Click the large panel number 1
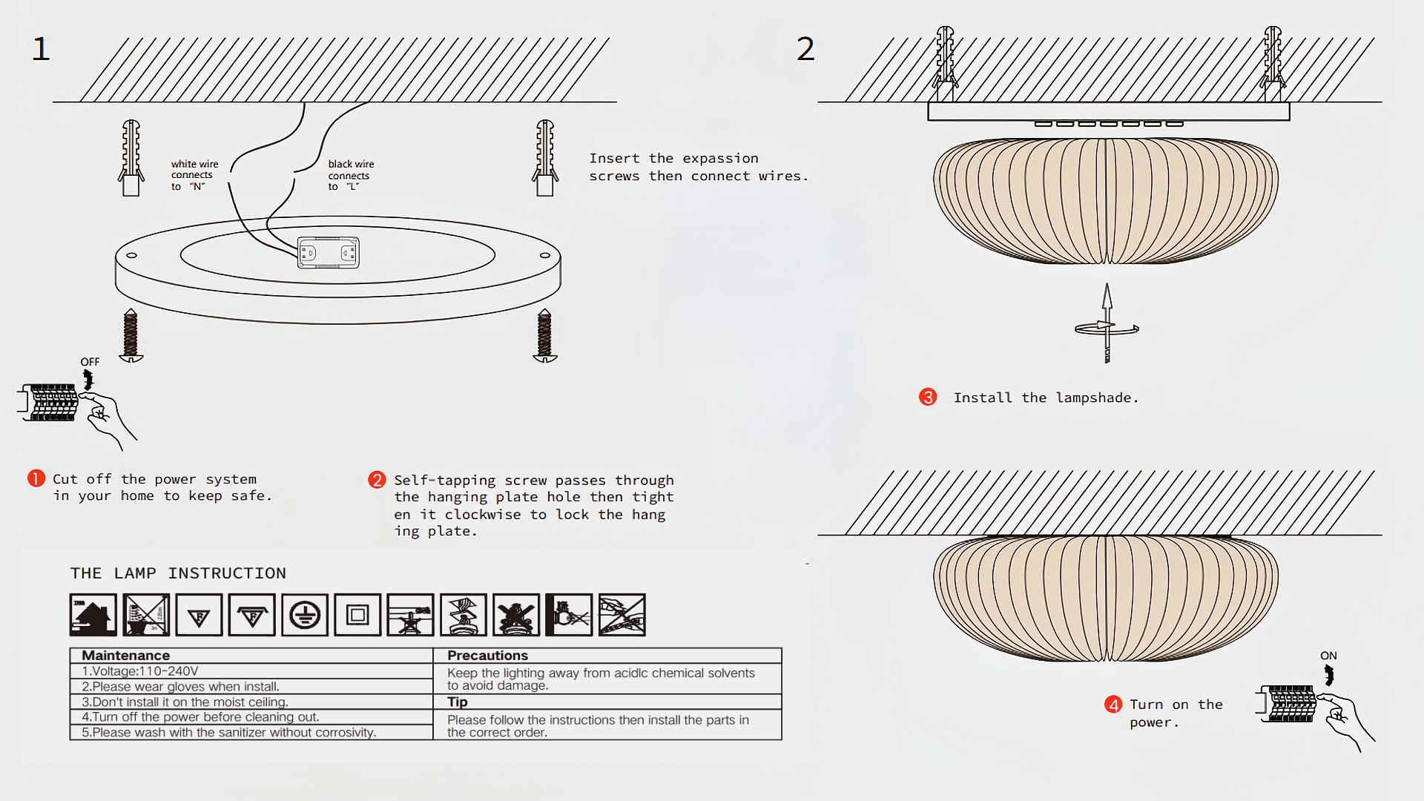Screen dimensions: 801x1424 click(41, 50)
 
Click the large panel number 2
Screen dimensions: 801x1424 click(805, 50)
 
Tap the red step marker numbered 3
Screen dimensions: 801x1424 click(928, 398)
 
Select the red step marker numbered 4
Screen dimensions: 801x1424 click(1113, 705)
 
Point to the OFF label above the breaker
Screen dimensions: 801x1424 click(90, 362)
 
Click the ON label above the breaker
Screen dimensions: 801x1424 click(1328, 656)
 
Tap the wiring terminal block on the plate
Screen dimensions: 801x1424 click(329, 253)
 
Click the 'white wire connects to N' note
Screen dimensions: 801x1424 click(194, 175)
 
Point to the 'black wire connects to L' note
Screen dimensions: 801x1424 click(351, 175)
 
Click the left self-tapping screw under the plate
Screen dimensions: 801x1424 click(131, 335)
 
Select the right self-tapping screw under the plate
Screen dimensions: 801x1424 click(545, 335)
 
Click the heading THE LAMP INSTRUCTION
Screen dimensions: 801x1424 click(178, 573)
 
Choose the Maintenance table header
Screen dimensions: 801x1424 click(126, 656)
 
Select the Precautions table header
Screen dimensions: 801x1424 click(487, 656)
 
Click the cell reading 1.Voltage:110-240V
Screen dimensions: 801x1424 click(140, 671)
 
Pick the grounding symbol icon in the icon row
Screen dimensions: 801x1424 click(305, 615)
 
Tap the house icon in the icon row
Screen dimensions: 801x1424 click(93, 615)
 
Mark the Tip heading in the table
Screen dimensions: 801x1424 click(457, 702)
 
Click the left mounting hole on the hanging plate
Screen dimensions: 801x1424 click(131, 255)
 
